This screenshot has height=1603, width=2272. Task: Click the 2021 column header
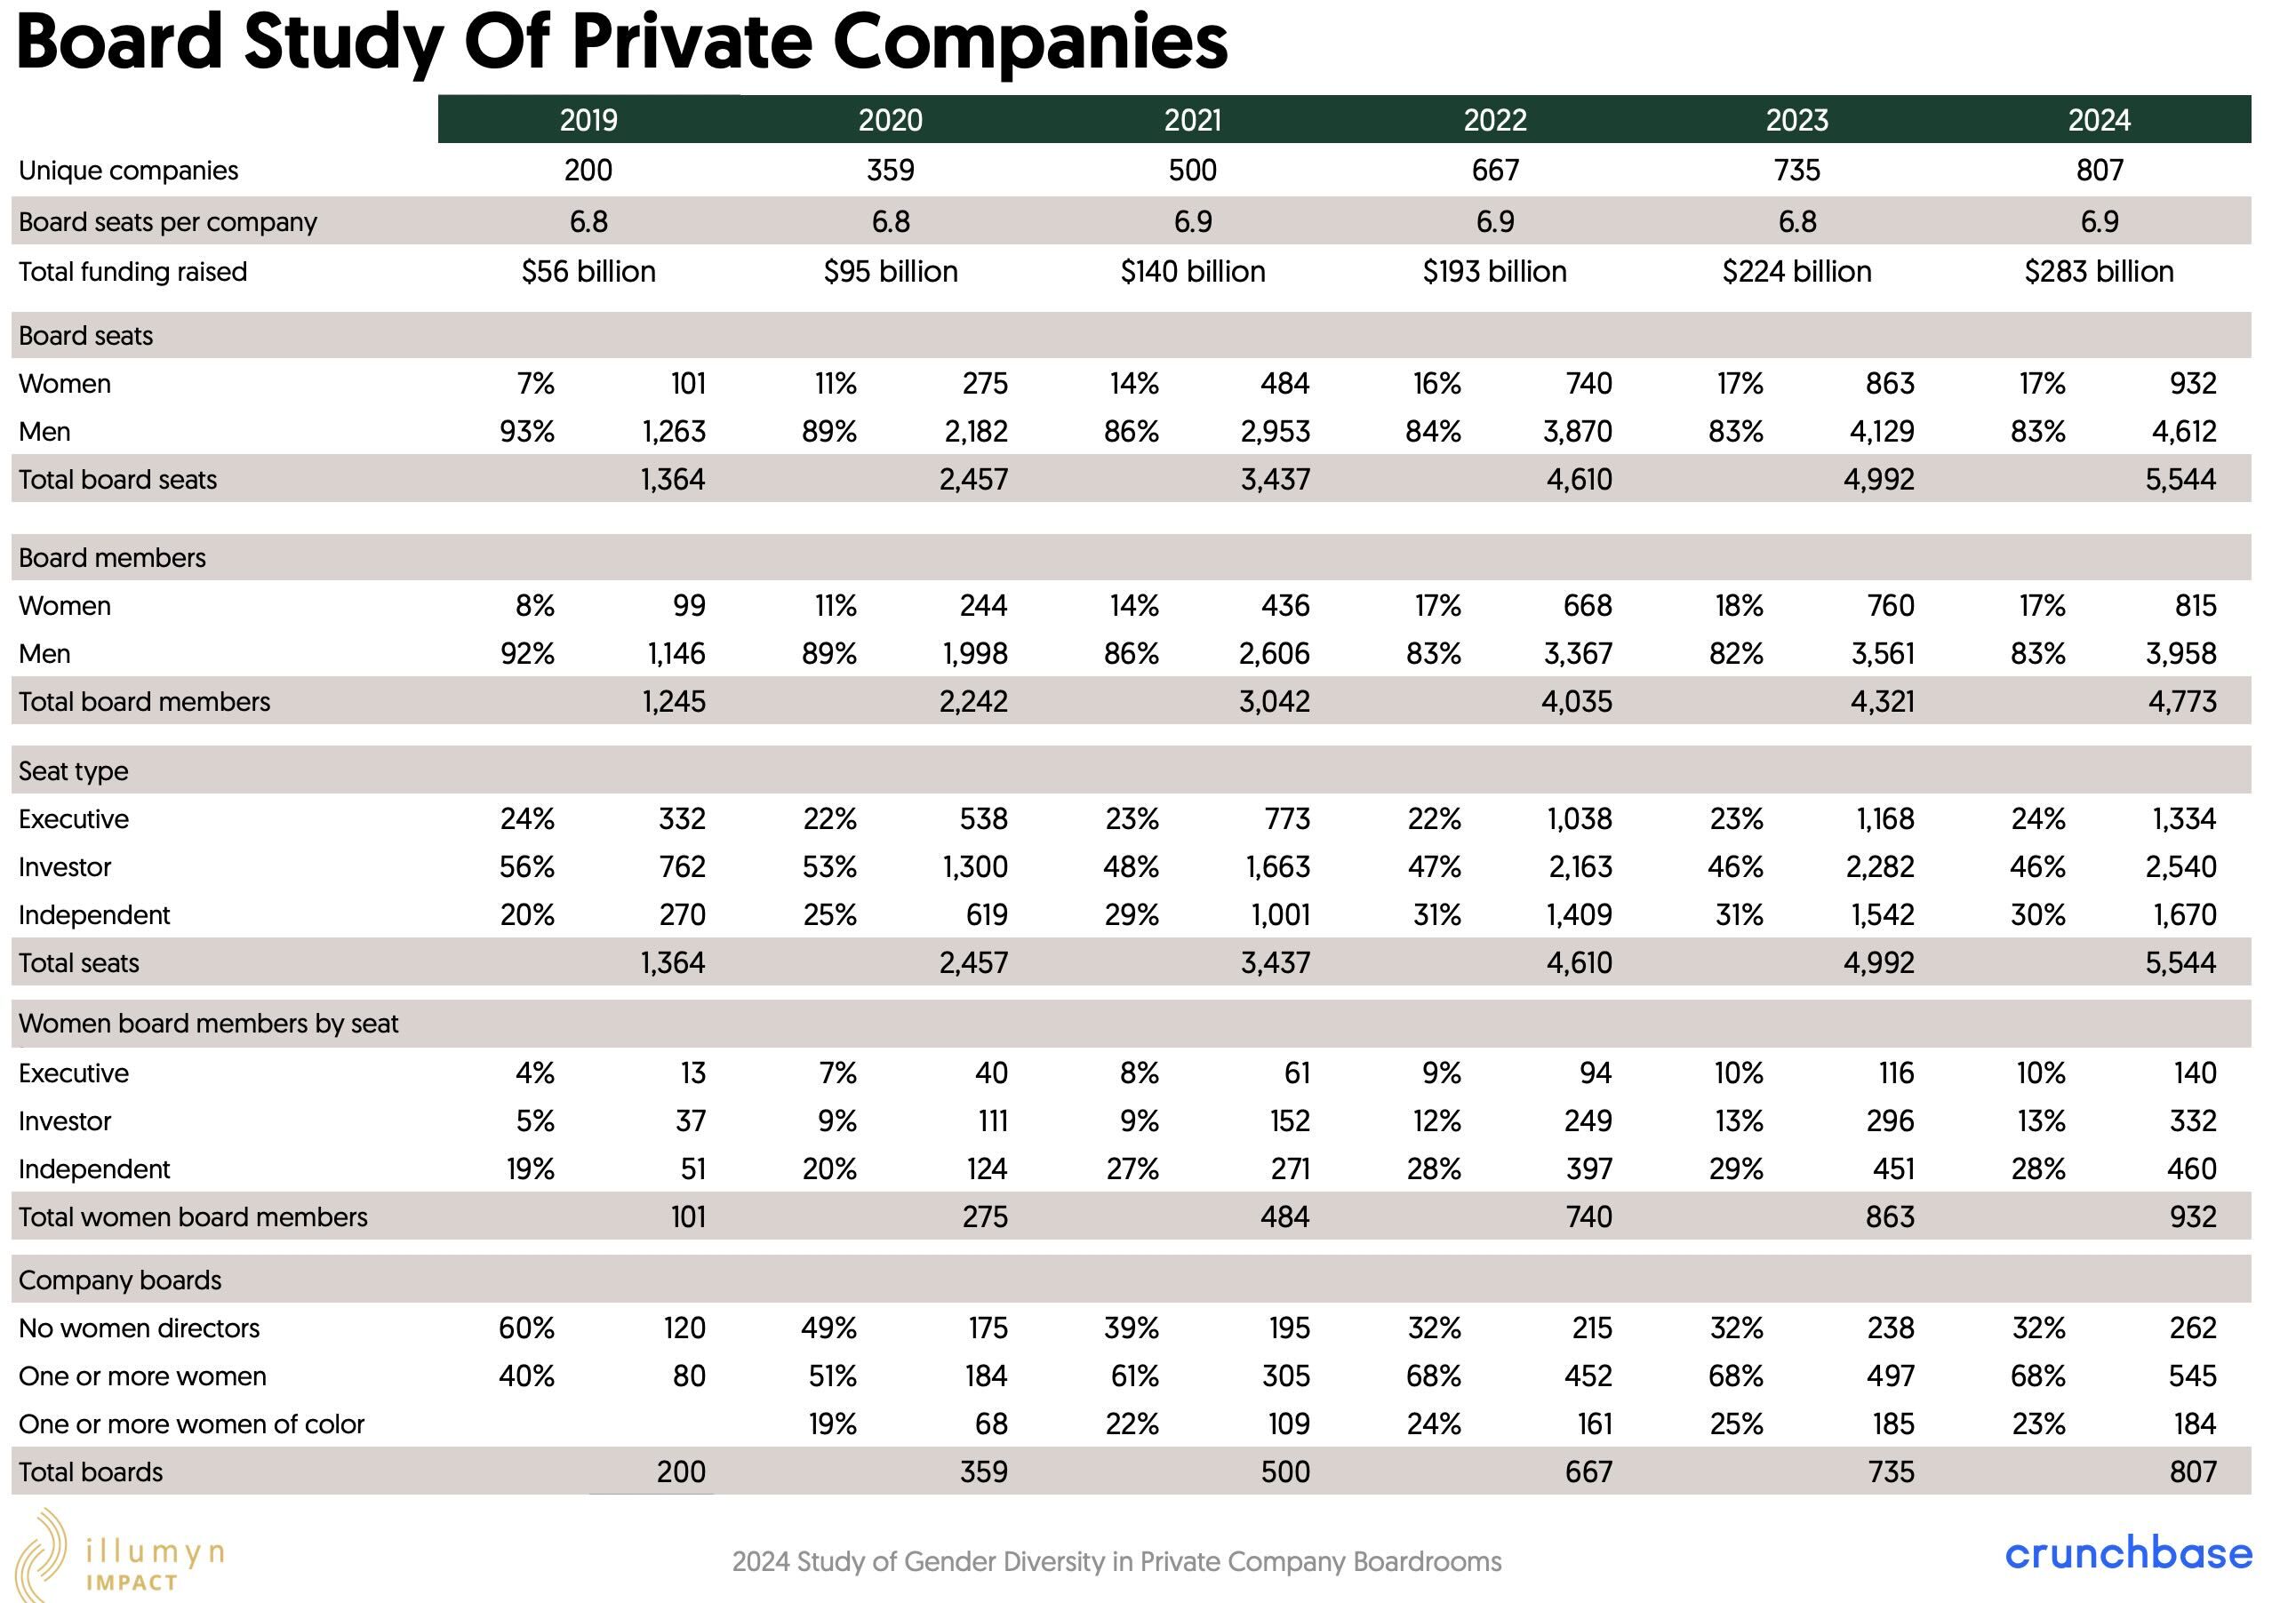click(1192, 120)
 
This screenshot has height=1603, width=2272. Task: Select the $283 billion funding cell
click(2099, 271)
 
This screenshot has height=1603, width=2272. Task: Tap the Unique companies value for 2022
click(1495, 171)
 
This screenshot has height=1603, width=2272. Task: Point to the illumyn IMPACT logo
click(119, 1554)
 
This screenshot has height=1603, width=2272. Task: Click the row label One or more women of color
click(192, 1424)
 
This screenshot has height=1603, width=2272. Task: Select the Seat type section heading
click(73, 770)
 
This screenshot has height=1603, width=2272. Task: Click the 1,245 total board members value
click(674, 702)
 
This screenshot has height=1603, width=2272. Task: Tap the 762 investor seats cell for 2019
click(682, 866)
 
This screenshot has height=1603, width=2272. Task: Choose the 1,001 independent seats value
click(1281, 914)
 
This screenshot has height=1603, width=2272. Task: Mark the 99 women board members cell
click(690, 606)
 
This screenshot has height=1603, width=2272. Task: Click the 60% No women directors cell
click(526, 1328)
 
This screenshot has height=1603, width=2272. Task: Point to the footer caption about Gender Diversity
click(1116, 1561)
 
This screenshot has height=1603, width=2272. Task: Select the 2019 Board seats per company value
click(588, 221)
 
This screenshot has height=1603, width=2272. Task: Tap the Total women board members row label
click(193, 1217)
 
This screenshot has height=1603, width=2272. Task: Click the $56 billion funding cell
click(588, 271)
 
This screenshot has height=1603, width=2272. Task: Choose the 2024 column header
click(2099, 120)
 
